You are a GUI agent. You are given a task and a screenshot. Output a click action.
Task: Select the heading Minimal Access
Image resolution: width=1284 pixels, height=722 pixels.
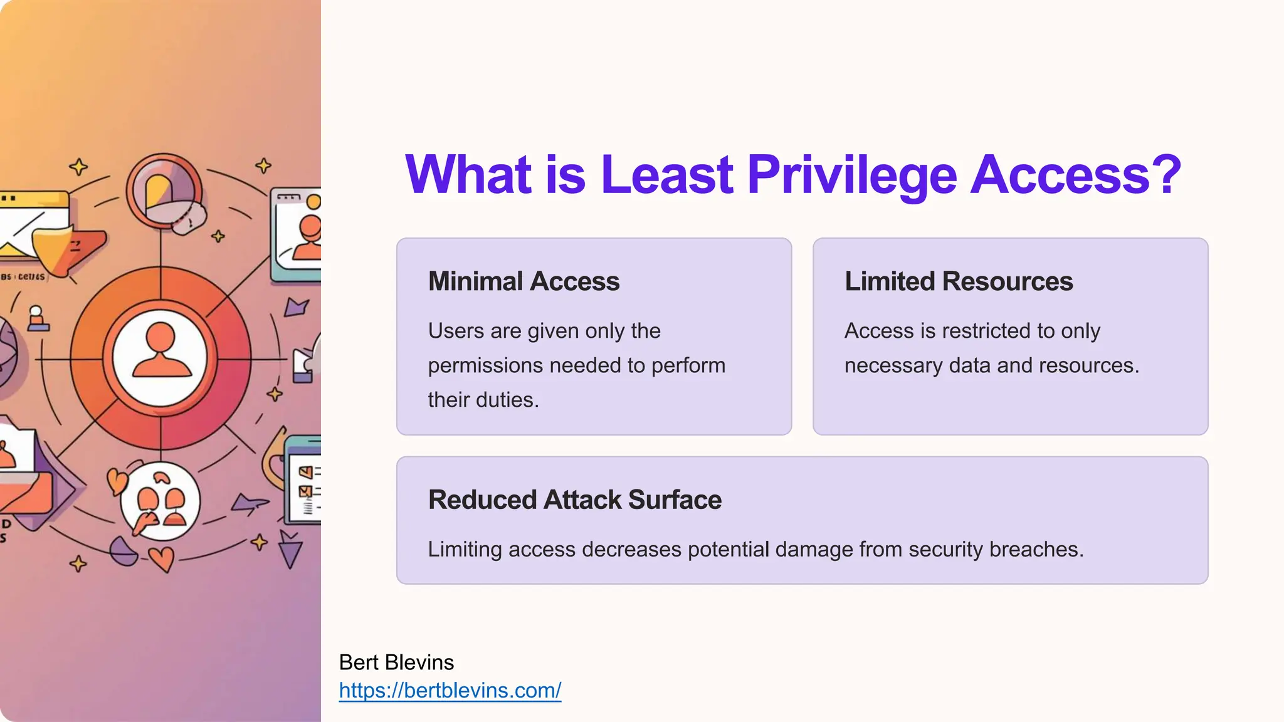[524, 281]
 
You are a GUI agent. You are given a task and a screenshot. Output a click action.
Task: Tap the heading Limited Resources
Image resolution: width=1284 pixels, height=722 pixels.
[959, 281]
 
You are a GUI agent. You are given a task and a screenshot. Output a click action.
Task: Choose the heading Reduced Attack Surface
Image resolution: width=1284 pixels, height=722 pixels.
[574, 500]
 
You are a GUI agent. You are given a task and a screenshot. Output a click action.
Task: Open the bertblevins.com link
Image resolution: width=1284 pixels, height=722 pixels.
[450, 690]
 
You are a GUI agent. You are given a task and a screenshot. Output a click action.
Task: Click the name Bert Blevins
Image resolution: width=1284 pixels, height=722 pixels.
[396, 662]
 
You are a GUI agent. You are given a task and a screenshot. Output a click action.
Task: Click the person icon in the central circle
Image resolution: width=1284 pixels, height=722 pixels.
[161, 352]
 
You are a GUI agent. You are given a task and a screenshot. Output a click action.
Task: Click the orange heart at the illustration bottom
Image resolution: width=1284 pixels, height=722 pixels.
[162, 558]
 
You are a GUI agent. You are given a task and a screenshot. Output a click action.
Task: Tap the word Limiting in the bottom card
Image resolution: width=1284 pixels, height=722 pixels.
[465, 550]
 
